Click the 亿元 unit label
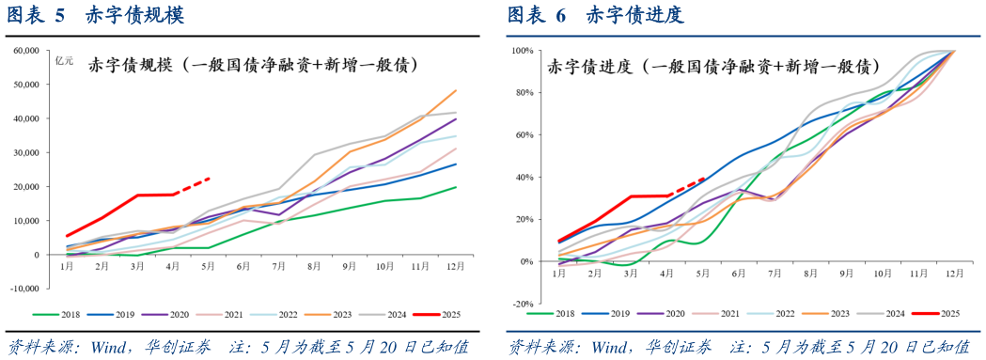coord(65,63)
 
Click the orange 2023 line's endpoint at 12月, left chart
coord(456,91)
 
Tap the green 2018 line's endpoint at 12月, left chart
coord(456,187)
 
